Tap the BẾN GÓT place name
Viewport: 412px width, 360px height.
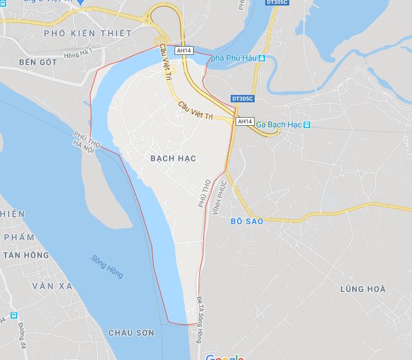tap(38, 62)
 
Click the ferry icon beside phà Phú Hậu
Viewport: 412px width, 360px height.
tap(262, 59)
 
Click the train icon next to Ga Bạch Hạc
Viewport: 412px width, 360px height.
tap(307, 125)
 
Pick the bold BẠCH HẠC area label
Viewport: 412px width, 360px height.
tap(173, 158)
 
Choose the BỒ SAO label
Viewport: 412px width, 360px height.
tap(246, 221)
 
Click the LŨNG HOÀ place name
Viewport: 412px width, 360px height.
tap(363, 289)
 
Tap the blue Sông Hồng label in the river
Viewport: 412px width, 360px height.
tap(107, 266)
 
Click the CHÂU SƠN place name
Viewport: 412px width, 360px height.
tap(131, 332)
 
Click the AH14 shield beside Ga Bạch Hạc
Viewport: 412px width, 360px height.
tap(244, 121)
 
